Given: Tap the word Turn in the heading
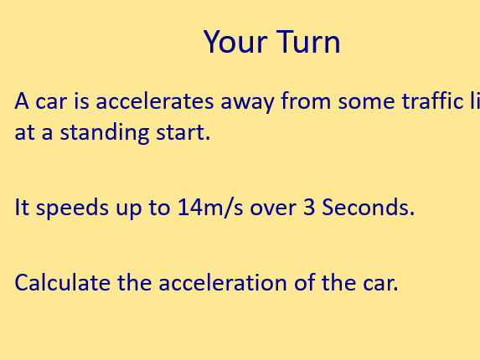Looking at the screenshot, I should click(306, 42).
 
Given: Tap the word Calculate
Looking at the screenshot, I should click(63, 283).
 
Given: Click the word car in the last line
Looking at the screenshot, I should click(378, 283).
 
